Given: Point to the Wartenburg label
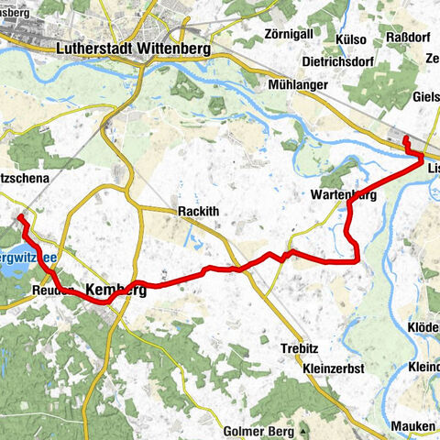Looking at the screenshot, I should point(344,196).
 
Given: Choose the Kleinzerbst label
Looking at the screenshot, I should point(334,368).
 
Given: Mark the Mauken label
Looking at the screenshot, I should point(412,427).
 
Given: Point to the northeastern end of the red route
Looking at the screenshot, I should point(406,137).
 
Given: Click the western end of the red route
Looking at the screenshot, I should point(19,216).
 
